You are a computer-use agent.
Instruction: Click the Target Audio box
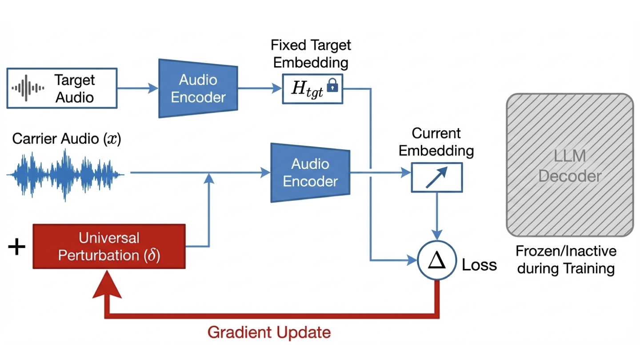[62, 88]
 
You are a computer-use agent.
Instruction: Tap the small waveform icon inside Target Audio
[28, 88]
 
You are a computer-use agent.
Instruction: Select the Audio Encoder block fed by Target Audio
[198, 88]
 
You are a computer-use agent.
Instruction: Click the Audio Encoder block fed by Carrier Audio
[310, 172]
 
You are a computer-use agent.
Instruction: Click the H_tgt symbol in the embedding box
[306, 89]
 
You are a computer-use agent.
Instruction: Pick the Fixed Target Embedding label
[311, 54]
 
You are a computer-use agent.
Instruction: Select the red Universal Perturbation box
[109, 246]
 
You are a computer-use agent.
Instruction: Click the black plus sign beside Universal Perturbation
[17, 247]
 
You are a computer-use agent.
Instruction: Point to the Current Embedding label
[436, 142]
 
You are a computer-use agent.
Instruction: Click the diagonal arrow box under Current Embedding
[436, 177]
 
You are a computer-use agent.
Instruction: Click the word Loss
[479, 265]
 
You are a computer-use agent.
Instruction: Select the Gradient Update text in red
[269, 332]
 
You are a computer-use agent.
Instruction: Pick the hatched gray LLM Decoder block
[570, 165]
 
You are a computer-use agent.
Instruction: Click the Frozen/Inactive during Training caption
[566, 260]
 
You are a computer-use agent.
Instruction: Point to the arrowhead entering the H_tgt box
[278, 88]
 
